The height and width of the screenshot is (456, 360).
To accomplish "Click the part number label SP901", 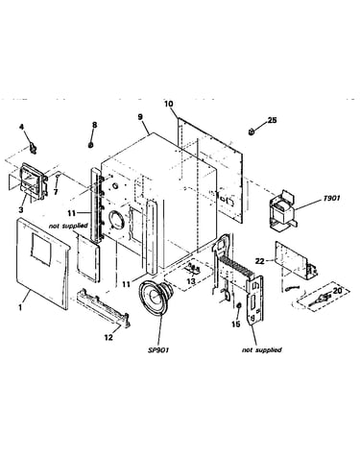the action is click(x=158, y=350).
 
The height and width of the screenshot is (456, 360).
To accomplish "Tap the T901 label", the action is click(x=331, y=199).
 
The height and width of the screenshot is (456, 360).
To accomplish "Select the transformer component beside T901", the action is click(x=284, y=209).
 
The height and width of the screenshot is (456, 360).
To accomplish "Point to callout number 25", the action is click(x=272, y=120).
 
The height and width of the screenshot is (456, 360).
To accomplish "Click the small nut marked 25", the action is click(x=252, y=132).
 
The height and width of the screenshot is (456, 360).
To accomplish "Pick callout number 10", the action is click(x=169, y=104).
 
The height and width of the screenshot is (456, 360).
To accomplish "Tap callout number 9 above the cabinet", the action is click(x=140, y=117).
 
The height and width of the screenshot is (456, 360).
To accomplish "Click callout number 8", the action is click(x=94, y=125).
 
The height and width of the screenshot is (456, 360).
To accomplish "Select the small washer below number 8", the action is click(x=91, y=145).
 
